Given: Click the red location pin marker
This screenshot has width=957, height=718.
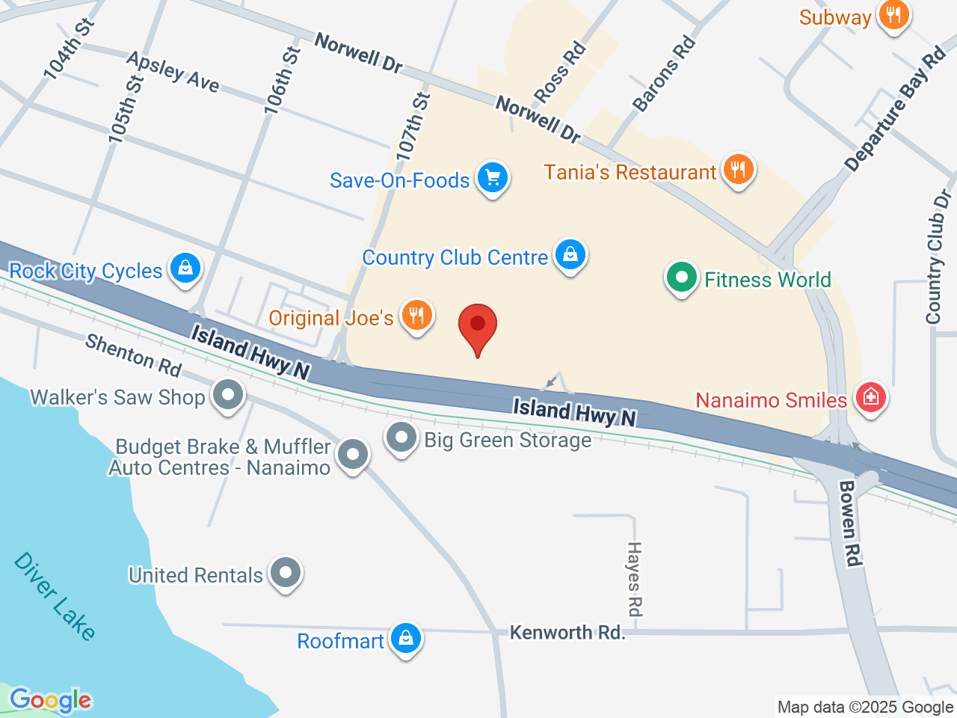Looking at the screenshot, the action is (477, 327).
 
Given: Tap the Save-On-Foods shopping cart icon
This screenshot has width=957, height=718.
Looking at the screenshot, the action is (493, 178).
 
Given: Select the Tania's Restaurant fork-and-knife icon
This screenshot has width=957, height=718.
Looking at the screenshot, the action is (738, 170).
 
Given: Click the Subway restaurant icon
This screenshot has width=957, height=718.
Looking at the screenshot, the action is (893, 14).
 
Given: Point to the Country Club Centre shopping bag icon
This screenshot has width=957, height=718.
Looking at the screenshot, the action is (570, 255).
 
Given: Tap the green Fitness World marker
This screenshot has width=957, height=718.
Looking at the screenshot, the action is (681, 277).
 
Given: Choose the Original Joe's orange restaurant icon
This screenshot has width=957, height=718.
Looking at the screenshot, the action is (416, 316).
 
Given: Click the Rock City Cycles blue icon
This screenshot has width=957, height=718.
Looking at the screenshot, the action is (185, 268).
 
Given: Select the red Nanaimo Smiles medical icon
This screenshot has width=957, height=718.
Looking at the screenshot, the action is (870, 397).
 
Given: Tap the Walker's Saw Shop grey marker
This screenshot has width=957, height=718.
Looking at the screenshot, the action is (228, 394).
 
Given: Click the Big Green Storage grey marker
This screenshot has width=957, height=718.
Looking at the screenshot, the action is (401, 437).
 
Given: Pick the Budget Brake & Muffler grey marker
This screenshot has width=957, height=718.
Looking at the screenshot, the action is (353, 454).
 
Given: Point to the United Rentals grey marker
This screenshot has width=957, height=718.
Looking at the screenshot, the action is (285, 573).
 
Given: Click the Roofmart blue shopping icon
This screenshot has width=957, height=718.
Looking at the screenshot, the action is (406, 639).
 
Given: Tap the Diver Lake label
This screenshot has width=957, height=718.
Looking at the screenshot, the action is (55, 596).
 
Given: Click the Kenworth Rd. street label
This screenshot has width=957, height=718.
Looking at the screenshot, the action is (567, 633).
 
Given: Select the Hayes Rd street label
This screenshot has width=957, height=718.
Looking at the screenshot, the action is (634, 579).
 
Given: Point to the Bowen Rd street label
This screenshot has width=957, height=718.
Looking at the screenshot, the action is (849, 523).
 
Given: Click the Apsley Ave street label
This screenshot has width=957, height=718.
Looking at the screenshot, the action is (173, 72).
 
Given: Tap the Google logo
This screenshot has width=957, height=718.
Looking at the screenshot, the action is (50, 700).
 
